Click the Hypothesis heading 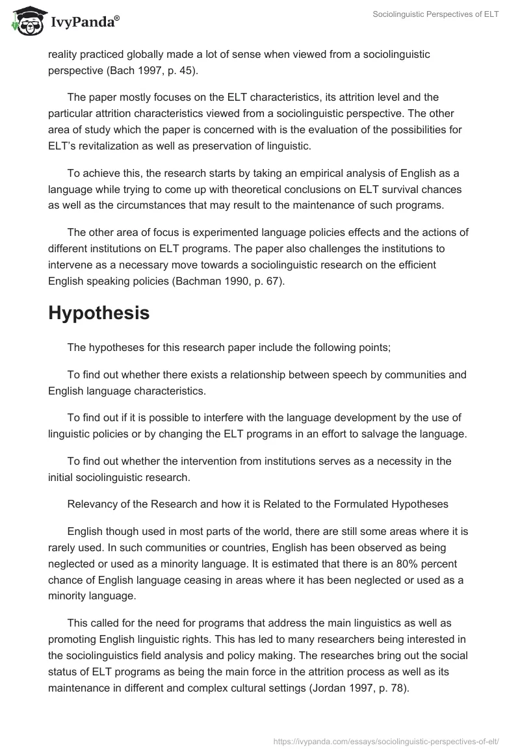99,313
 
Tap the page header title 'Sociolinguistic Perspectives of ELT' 435,14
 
